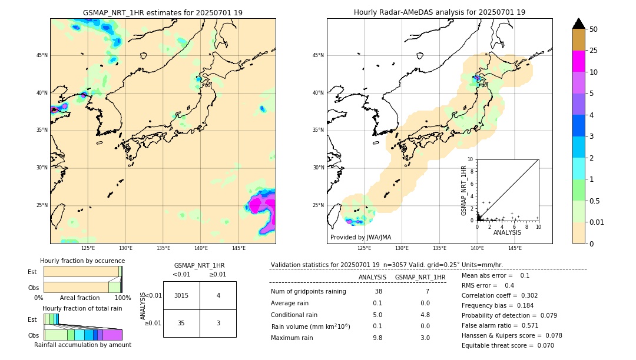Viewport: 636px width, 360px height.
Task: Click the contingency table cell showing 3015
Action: [181, 295]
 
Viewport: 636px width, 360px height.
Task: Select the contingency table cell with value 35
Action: [181, 323]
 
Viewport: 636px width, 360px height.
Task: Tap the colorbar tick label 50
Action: [594, 29]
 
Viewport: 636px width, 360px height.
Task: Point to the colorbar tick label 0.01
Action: [596, 222]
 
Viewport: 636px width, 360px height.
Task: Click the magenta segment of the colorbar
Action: [578, 61]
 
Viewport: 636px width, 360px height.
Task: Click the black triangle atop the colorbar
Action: [578, 24]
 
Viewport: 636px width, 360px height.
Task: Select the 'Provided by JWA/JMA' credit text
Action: [360, 238]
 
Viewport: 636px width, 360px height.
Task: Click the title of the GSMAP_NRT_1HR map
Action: [163, 12]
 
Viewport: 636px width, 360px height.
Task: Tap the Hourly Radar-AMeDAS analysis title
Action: [439, 12]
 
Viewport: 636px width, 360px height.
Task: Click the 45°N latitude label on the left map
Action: [42, 55]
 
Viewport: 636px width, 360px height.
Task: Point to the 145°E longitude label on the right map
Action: [515, 248]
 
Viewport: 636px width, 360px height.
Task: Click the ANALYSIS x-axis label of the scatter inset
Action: [507, 232]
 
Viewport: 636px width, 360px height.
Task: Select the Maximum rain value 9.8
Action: [377, 338]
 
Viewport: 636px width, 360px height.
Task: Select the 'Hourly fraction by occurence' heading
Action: [82, 261]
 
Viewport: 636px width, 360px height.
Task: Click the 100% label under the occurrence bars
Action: [122, 298]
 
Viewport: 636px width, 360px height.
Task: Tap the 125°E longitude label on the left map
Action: [88, 248]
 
